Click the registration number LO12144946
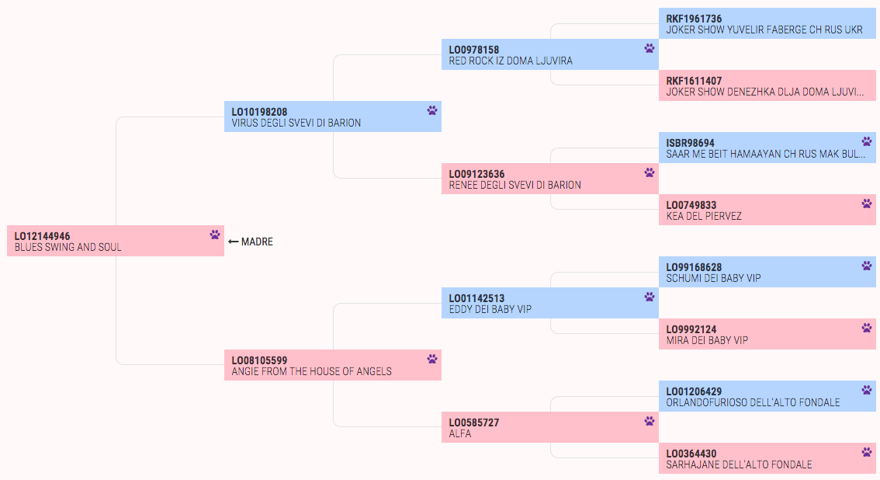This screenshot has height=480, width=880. click(42, 236)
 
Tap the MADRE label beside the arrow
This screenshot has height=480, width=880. click(257, 242)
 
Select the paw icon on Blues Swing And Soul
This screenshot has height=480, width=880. click(215, 235)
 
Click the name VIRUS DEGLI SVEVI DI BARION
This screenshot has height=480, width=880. click(296, 123)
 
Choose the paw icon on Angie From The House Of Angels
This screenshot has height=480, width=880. click(432, 359)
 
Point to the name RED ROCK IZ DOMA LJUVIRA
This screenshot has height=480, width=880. click(511, 61)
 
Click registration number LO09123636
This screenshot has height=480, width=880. click(476, 174)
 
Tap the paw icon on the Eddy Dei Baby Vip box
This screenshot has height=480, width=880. click(650, 297)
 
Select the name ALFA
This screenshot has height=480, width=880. click(460, 433)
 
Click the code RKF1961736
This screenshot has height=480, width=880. click(694, 19)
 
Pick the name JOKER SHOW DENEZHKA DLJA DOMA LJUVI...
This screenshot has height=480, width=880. click(765, 92)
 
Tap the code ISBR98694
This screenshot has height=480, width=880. click(691, 143)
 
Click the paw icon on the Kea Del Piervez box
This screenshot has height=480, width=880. click(867, 203)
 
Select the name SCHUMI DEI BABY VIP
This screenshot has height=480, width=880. click(713, 278)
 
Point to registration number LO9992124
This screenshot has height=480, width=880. click(691, 329)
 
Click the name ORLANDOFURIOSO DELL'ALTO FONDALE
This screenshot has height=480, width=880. click(754, 402)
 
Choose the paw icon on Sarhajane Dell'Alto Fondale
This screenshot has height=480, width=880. click(867, 452)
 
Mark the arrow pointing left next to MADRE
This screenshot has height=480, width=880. click(234, 242)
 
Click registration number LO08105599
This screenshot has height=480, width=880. click(259, 360)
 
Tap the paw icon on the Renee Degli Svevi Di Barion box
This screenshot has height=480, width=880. click(650, 172)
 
